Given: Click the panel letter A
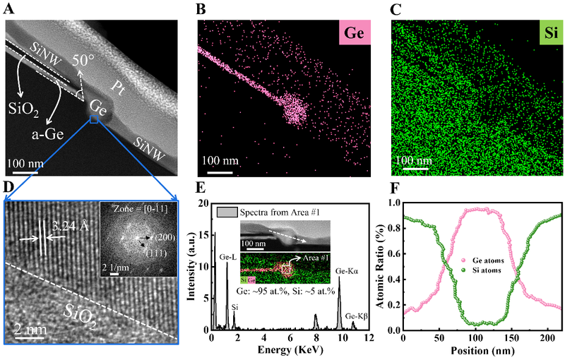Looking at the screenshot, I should (x=9, y=8).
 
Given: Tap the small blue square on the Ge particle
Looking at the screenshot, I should (x=94, y=121).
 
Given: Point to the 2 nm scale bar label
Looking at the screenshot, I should (x=29, y=328).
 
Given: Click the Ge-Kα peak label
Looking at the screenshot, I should (x=351, y=269).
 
